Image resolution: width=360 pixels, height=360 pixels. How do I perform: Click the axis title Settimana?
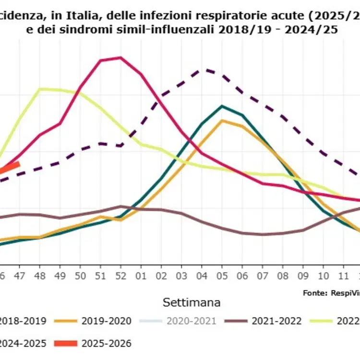pos(192,302)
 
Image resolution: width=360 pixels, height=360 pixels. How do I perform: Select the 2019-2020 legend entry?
pos(106,321)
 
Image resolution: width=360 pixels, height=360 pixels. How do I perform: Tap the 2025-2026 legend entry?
pos(106,343)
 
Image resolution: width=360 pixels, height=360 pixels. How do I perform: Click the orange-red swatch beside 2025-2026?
pos(65,343)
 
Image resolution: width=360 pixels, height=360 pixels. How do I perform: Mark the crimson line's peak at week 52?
pos(120,58)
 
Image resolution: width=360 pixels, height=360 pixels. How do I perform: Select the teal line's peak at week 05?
pos(222,106)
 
